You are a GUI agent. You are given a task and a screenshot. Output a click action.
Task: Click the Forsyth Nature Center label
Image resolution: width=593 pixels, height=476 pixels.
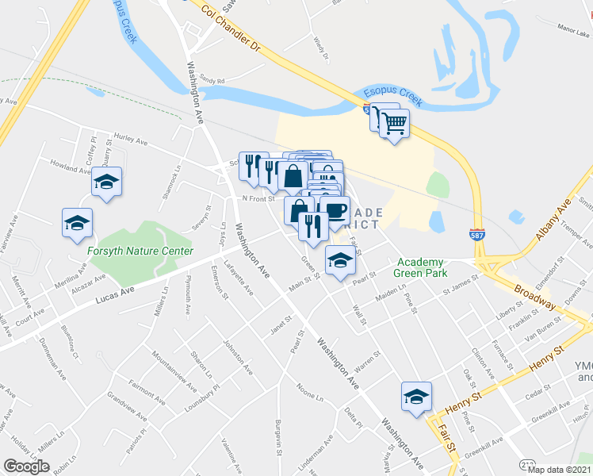[140, 251]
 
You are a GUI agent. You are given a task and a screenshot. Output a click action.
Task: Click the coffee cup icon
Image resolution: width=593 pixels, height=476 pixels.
[335, 210]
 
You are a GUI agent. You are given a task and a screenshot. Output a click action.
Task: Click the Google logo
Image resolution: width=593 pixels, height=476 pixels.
[26, 466]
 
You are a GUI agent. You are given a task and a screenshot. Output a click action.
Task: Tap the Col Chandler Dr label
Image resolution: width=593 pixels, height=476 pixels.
[231, 31]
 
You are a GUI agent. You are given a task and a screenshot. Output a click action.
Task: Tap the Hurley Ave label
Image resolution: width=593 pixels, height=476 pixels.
[132, 140]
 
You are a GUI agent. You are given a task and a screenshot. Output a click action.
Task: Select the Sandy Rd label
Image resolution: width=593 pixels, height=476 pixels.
[212, 79]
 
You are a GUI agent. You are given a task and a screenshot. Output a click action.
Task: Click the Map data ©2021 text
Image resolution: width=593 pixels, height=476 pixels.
[559, 470]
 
